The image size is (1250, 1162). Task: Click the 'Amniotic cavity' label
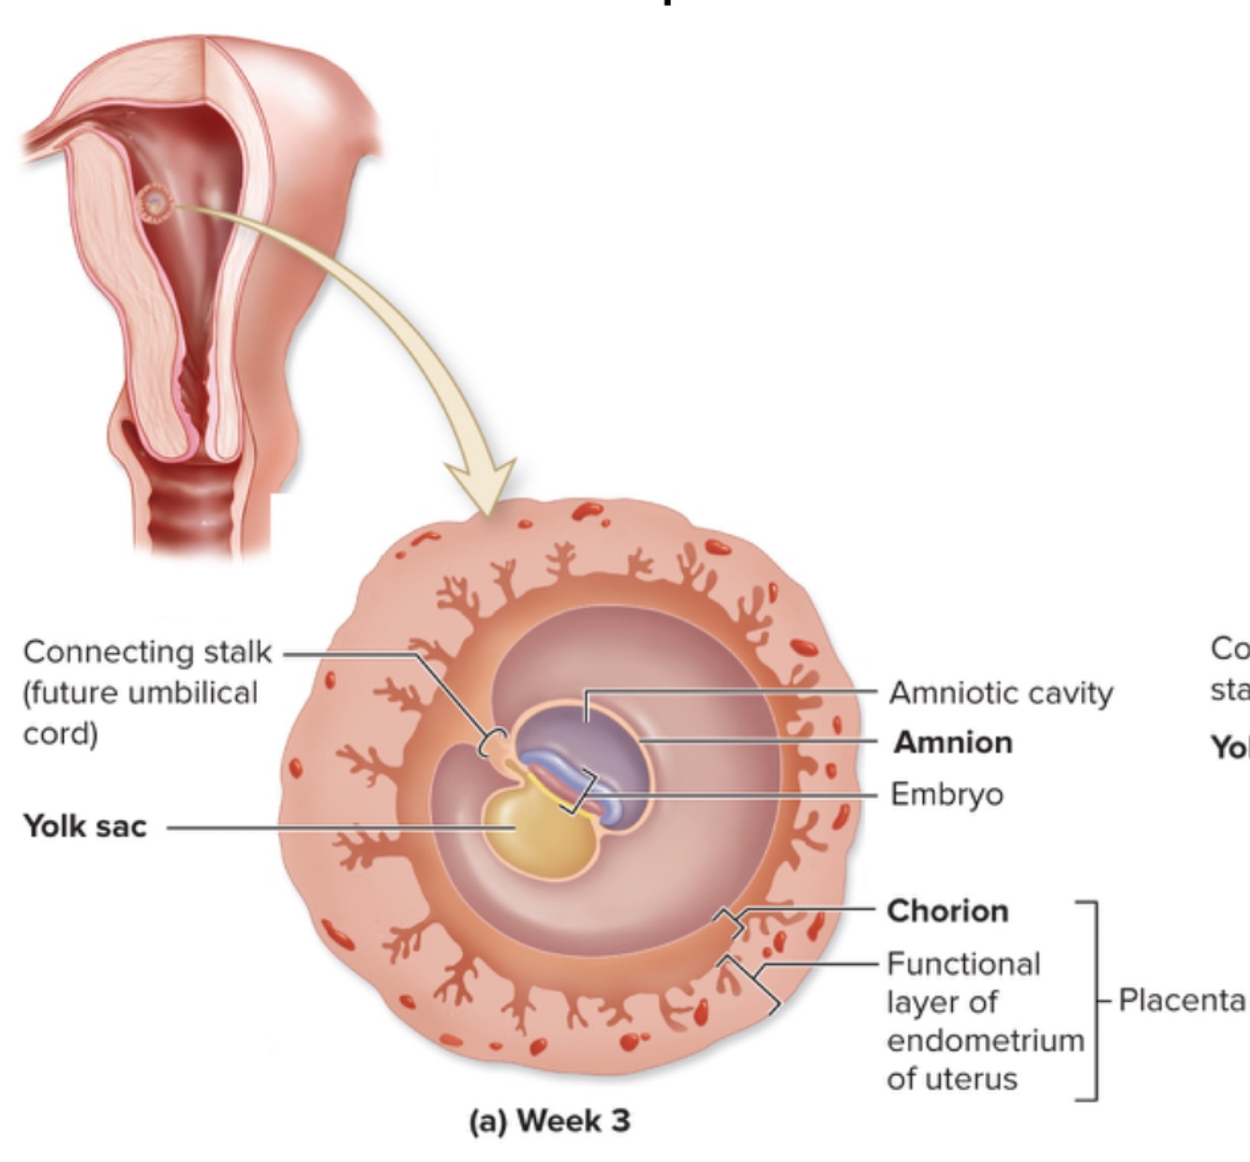coord(1001,693)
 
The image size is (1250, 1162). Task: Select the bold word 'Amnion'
coord(953,742)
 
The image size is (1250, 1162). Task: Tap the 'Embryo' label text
coord(946,795)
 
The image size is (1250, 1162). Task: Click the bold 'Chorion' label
coord(947,911)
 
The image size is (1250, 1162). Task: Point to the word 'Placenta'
coord(1182,1000)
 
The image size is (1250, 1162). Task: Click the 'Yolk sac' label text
coord(85,826)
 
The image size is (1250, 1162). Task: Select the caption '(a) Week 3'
coord(550,1120)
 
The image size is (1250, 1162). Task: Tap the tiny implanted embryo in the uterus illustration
coord(155,202)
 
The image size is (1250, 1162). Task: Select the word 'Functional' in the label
coord(963,963)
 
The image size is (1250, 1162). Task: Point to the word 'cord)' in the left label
coord(60,733)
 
